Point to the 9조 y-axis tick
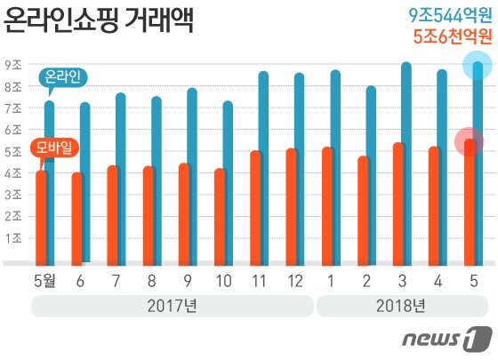tap(13, 65)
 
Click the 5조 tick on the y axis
tap(13, 151)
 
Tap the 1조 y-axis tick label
tap(13, 238)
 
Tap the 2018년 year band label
tap(402, 307)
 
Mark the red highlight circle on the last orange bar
tap(469, 141)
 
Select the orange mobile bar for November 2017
tap(255, 209)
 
